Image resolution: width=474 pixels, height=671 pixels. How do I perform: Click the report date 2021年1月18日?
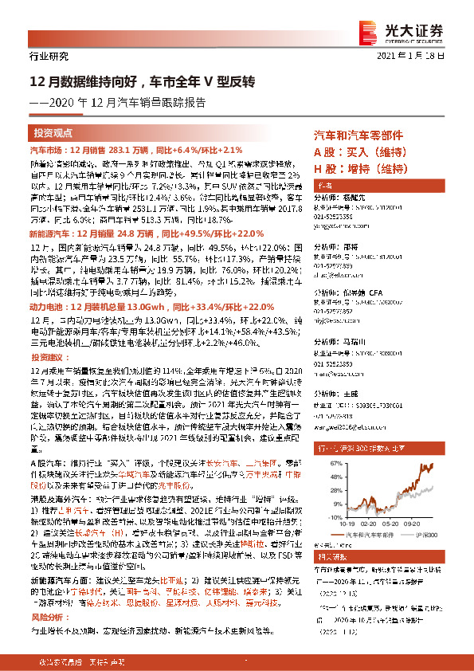421,57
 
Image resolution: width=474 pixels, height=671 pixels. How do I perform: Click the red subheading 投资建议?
45,335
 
